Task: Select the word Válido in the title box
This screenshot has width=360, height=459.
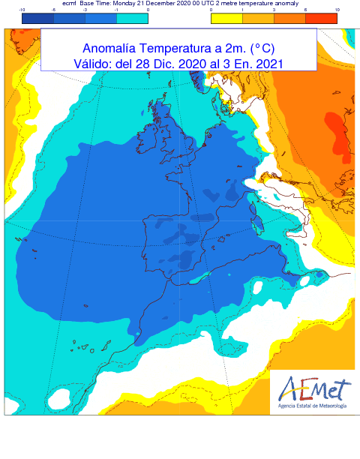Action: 92,64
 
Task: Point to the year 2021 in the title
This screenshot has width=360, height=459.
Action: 268,64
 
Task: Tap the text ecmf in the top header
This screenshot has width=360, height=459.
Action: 71,4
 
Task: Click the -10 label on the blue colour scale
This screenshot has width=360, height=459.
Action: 23,10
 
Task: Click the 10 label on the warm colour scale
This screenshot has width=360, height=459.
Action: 337,10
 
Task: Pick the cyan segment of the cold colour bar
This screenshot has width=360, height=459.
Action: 132,18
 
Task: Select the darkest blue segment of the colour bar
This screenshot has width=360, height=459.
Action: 38,18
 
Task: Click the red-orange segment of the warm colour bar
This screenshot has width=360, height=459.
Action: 321,18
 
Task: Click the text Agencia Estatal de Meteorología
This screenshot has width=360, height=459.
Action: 312,406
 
